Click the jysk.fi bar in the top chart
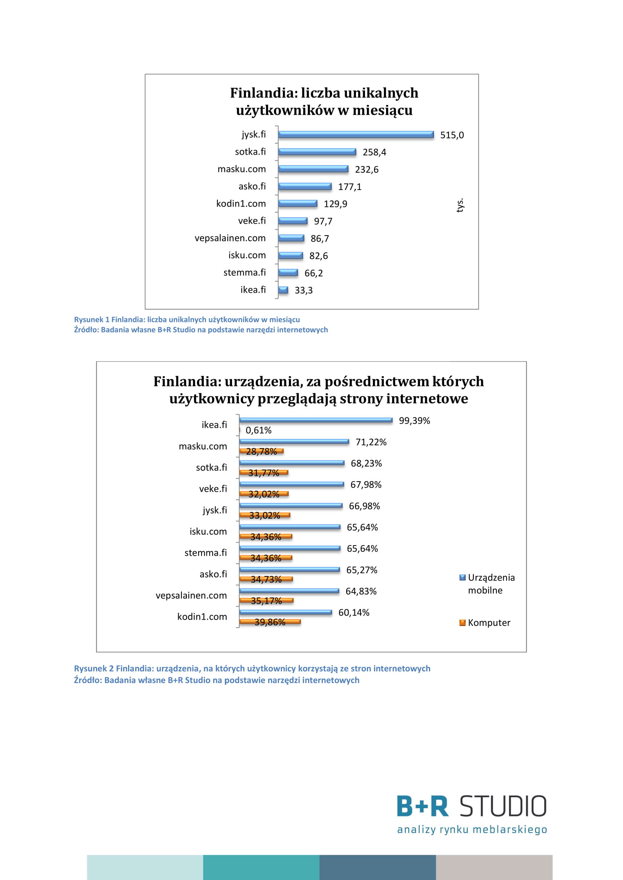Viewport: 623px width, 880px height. point(356,135)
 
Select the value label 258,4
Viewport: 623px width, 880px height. point(374,152)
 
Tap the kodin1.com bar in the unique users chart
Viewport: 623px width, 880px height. point(298,204)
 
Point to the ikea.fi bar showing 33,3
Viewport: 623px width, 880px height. point(283,290)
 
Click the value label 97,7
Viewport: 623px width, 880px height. point(323,221)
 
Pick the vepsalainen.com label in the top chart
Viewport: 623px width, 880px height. point(230,238)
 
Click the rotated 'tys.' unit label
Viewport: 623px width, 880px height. point(460,205)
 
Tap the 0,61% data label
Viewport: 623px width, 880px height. point(258,430)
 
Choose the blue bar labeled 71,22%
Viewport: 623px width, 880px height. point(294,442)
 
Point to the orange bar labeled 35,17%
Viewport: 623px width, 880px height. point(266,600)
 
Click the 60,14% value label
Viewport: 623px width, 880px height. point(354,613)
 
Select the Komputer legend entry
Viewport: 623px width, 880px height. point(485,622)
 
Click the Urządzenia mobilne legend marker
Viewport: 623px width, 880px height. point(462,578)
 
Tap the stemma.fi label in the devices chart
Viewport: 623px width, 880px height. point(206,553)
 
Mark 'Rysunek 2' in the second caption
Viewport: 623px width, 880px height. point(94,669)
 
